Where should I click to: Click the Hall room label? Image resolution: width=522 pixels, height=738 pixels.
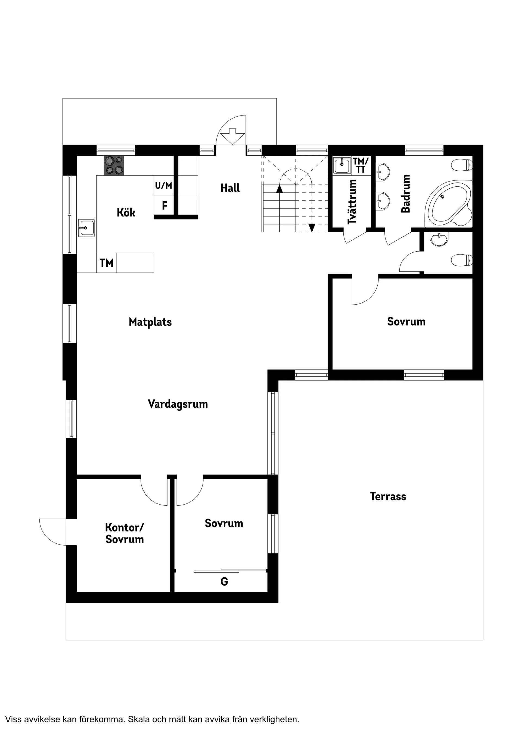(x=230, y=188)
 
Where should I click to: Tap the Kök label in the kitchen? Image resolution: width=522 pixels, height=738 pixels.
(x=126, y=212)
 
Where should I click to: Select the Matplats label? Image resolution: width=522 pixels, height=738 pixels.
(x=150, y=322)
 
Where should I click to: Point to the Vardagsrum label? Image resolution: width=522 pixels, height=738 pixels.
(x=178, y=404)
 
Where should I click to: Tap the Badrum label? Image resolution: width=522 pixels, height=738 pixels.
(x=406, y=193)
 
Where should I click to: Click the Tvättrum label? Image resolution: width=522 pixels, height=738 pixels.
(x=352, y=202)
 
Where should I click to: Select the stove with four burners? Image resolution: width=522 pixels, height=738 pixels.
(x=114, y=165)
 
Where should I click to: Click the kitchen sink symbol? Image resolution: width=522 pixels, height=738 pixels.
(x=87, y=228)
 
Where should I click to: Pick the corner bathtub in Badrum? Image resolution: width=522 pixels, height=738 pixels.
(x=448, y=204)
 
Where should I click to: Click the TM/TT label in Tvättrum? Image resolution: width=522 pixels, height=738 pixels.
(x=361, y=165)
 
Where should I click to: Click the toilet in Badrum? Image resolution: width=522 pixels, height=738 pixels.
(x=462, y=165)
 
